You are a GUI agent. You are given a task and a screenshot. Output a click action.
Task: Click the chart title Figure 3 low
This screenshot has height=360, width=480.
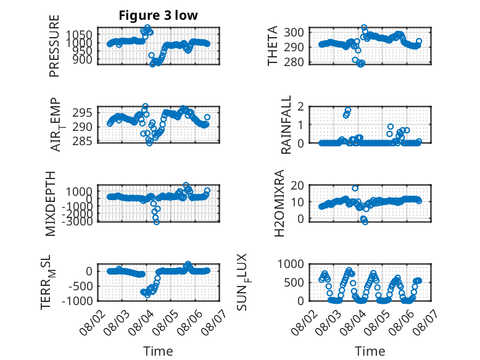(159, 15)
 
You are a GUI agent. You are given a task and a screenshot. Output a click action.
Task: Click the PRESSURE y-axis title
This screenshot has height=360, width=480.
(54, 46)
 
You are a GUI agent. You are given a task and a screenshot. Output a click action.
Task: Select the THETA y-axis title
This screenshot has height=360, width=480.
(272, 46)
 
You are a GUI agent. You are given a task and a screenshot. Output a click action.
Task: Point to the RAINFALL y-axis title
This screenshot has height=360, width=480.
(286, 125)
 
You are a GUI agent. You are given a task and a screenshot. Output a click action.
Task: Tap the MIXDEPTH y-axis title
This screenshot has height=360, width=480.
(50, 204)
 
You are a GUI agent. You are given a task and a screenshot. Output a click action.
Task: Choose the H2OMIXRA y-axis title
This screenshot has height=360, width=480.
(279, 203)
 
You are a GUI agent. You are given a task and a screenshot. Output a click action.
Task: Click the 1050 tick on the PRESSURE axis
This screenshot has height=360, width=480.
(80, 35)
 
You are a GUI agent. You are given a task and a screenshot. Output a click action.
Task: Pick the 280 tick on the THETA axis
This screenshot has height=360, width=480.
(294, 62)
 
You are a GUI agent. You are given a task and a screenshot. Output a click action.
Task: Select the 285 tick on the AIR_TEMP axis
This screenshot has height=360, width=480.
(82, 141)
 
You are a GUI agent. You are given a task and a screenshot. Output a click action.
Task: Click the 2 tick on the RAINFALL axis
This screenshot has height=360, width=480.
(300, 107)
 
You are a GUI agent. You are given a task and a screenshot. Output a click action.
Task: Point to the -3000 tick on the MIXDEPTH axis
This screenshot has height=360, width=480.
(77, 221)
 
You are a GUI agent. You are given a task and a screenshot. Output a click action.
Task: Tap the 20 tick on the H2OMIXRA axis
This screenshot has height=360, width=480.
(297, 185)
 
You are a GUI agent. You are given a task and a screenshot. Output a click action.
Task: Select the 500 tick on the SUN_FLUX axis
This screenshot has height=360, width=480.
(294, 282)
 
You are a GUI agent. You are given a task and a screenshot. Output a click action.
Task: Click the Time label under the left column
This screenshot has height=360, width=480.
(158, 351)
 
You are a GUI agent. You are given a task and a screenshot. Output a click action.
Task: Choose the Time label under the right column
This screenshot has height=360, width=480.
(370, 351)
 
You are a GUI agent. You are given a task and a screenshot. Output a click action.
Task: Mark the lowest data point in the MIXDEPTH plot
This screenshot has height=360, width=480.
(157, 222)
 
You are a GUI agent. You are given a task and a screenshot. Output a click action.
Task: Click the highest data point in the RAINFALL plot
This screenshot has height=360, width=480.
(348, 110)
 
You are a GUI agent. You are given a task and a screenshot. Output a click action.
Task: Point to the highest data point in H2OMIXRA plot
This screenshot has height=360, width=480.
(355, 188)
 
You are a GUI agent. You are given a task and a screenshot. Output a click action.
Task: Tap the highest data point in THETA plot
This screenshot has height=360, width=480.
(364, 28)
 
